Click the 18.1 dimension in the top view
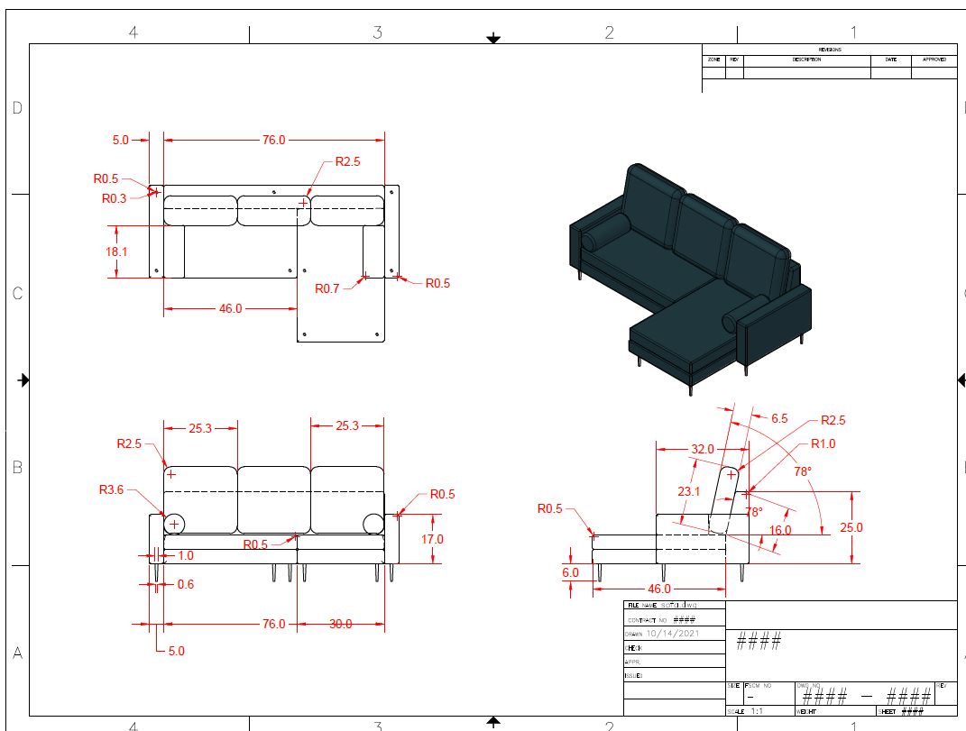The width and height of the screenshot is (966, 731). (116, 251)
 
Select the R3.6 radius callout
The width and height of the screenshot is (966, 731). (111, 490)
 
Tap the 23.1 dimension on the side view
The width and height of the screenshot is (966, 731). (688, 491)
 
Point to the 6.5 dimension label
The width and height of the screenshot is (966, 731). (779, 418)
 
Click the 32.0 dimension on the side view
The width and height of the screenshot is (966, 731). (703, 449)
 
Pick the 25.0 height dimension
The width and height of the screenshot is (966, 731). (851, 527)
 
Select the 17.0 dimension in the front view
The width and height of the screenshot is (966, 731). (433, 539)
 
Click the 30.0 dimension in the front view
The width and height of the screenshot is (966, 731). (340, 624)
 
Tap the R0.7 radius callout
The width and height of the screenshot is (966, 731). (327, 288)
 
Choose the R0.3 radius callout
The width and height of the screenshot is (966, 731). (114, 198)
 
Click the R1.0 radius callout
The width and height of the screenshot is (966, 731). (823, 443)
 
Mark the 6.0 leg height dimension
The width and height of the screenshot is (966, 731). (570, 572)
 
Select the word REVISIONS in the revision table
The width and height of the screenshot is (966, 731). (829, 50)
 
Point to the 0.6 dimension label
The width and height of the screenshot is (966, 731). (185, 584)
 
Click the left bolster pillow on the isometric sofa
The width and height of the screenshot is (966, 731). (603, 233)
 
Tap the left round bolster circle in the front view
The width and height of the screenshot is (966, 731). (174, 523)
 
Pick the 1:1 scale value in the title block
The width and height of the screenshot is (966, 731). (757, 711)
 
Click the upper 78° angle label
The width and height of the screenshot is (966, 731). (802, 471)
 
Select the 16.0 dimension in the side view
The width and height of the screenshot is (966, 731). (780, 530)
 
